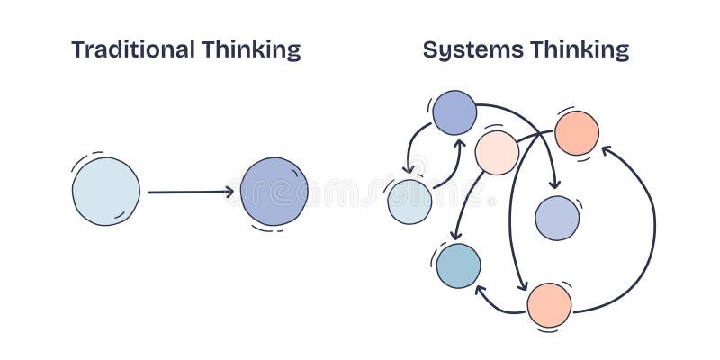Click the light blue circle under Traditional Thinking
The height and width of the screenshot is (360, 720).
(x=106, y=191)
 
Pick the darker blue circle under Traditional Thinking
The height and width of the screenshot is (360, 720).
(x=274, y=191)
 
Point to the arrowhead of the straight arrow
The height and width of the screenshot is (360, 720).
(x=229, y=191)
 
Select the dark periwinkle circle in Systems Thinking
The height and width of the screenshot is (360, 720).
(x=454, y=112)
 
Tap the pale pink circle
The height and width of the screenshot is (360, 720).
(x=497, y=152)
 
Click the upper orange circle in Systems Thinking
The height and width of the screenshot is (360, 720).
(x=577, y=133)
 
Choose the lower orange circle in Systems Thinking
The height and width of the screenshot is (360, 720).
(x=549, y=305)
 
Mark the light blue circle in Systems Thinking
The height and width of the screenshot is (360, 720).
(x=409, y=202)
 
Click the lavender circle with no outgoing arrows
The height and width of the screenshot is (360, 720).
(x=557, y=218)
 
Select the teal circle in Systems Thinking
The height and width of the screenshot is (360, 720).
(x=458, y=265)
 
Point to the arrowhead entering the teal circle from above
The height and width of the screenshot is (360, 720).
(x=452, y=238)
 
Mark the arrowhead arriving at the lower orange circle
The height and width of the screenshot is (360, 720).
(x=523, y=287)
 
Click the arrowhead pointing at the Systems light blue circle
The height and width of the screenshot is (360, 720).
(x=409, y=168)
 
